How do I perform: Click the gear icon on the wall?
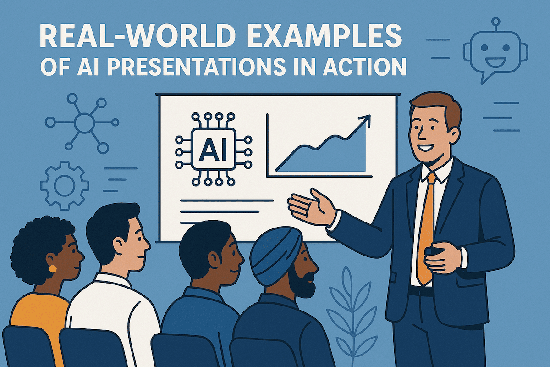pyautogui.click(x=61, y=183)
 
